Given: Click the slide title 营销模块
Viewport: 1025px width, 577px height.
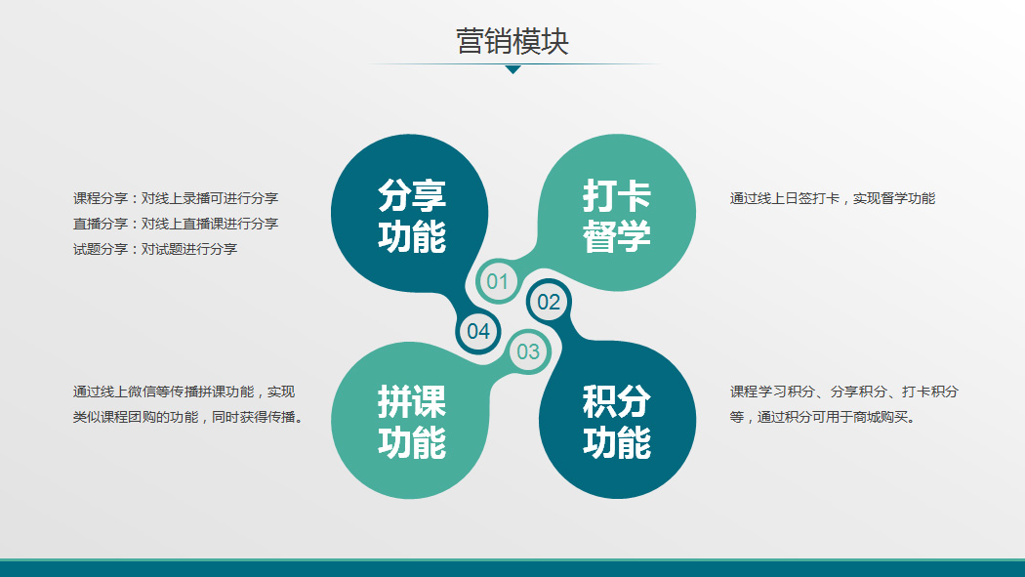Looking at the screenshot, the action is [512, 41].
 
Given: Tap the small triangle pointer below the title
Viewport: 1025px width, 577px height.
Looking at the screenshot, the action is [513, 69].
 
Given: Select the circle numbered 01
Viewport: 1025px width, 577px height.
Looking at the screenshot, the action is [498, 281].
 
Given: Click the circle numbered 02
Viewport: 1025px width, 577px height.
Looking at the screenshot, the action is [549, 302].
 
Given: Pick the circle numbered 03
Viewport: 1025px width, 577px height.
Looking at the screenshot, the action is [528, 351].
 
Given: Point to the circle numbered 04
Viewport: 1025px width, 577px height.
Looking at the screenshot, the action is [478, 331].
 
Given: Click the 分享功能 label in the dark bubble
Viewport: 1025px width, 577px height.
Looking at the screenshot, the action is [412, 216].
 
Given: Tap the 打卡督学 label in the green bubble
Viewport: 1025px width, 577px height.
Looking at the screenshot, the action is [616, 216].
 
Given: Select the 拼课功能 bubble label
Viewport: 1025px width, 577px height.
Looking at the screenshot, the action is [412, 422].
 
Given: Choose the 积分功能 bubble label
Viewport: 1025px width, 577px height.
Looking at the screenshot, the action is [616, 422].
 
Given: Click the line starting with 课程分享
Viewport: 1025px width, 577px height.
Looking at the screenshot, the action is [176, 198].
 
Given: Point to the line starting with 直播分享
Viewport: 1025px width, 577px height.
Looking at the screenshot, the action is [176, 224].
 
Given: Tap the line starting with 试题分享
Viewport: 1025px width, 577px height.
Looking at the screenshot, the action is [155, 249].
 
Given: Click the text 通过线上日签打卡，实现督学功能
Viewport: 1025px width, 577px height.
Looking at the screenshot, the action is [832, 198].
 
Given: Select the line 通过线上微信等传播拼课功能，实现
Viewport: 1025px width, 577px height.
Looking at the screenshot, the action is [184, 392].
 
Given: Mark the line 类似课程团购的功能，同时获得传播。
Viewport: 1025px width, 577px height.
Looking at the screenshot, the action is [188, 417].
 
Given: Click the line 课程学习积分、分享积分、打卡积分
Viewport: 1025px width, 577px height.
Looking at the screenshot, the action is [844, 392].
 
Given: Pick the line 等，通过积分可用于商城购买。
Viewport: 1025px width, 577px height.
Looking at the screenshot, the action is [823, 417].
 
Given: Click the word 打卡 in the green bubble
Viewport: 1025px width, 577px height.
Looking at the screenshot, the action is [616, 195].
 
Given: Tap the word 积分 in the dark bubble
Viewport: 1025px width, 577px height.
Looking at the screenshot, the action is [616, 401].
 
